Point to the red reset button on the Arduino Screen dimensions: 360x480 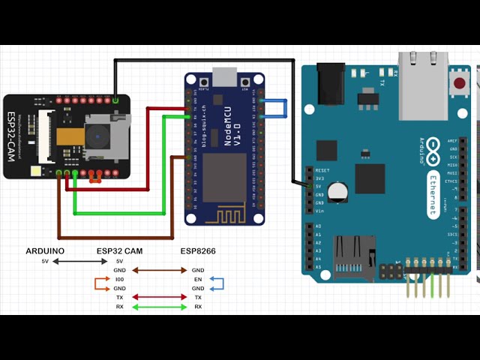(x=460, y=81)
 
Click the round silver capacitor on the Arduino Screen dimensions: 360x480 (x=340, y=191)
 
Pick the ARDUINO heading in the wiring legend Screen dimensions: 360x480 (x=45, y=250)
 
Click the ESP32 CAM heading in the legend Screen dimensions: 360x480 (x=120, y=250)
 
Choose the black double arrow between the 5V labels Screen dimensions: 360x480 (x=81, y=261)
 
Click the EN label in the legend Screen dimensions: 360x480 (x=198, y=279)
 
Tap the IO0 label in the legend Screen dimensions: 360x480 (x=120, y=279)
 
